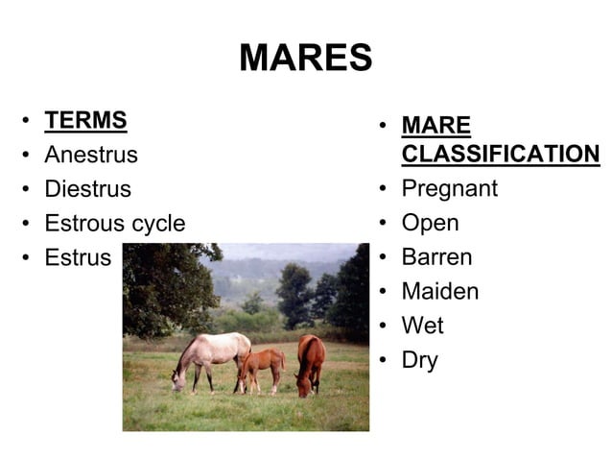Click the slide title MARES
(x=305, y=59)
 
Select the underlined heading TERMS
(x=85, y=121)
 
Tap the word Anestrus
(x=91, y=155)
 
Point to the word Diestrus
(x=87, y=189)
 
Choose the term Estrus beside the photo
(x=78, y=258)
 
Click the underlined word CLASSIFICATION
(x=500, y=155)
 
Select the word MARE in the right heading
(x=435, y=126)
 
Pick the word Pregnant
(x=449, y=189)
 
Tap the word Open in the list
(x=430, y=224)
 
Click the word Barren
(x=437, y=257)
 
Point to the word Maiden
(x=439, y=292)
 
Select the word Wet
(x=422, y=326)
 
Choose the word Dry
(x=419, y=361)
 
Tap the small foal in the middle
(x=261, y=366)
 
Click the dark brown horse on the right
(x=309, y=360)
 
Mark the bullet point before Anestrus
(x=26, y=156)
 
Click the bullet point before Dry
(x=382, y=361)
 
